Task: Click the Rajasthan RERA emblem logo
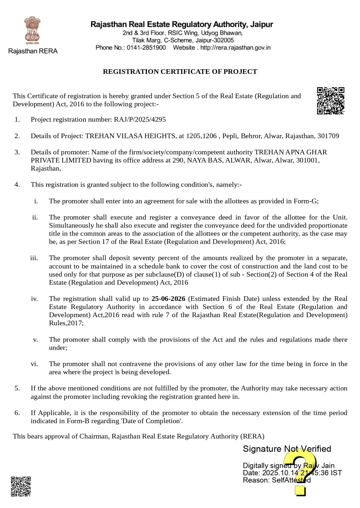point(32,30)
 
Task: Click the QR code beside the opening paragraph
point(330,100)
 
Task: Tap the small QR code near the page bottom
point(21,487)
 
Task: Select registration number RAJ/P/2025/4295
point(140,120)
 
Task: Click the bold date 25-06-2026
point(168,299)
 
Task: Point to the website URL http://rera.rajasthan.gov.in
point(235,47)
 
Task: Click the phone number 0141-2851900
point(146,47)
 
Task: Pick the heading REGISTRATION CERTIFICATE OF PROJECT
point(180,72)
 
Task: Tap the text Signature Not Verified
point(287,449)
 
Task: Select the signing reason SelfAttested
point(291,480)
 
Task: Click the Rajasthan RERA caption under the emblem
point(33,51)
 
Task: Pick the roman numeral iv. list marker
point(34,299)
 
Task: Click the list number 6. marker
point(17,413)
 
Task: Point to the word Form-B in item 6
point(78,421)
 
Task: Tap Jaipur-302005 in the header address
point(214,40)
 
